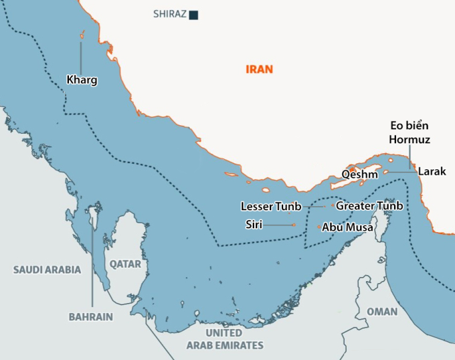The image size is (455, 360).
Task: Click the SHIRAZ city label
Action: pyautogui.click(x=170, y=14)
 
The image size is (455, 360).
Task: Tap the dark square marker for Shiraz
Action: pyautogui.click(x=193, y=14)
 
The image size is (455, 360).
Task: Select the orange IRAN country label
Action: pyautogui.click(x=260, y=69)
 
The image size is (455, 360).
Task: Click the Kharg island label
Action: pyautogui.click(x=82, y=80)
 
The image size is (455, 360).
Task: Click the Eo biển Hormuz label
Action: pyautogui.click(x=409, y=132)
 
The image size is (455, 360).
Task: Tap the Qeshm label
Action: pyautogui.click(x=359, y=174)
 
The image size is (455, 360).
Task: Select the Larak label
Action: pyautogui.click(x=432, y=172)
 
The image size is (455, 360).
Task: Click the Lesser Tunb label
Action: pyautogui.click(x=271, y=206)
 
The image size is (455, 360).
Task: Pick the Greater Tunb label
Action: pyautogui.click(x=369, y=206)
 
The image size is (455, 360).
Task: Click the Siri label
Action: pyautogui.click(x=254, y=225)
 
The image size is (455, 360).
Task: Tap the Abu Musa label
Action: pyautogui.click(x=344, y=228)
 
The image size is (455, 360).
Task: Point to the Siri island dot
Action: pyautogui.click(x=293, y=225)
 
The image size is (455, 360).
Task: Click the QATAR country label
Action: pyautogui.click(x=126, y=264)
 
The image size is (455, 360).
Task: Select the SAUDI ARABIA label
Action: pyautogui.click(x=47, y=270)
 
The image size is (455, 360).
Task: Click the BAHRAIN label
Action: pyautogui.click(x=90, y=317)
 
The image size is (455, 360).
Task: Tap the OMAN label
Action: pyautogui.click(x=381, y=312)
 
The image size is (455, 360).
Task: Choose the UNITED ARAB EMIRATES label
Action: pyautogui.click(x=224, y=339)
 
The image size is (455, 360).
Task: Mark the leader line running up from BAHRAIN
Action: pyautogui.click(x=92, y=268)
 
